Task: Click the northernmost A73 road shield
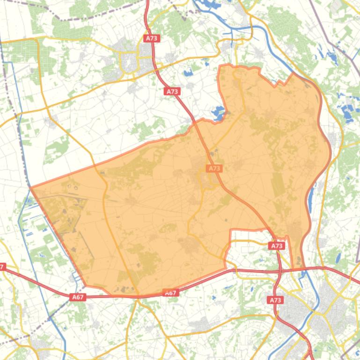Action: coord(151,38)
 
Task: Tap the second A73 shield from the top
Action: coord(173,91)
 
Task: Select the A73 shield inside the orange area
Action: coord(214,168)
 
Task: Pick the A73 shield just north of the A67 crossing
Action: coord(277,245)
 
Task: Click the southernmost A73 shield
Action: coord(275,300)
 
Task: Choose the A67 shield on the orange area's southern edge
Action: coord(171,293)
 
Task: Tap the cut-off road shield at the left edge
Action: coord(2,267)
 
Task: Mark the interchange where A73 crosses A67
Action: coord(280,270)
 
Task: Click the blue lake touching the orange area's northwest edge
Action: coord(219,112)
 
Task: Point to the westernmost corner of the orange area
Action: coord(31,187)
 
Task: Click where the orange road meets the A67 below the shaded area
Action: coord(136,295)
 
